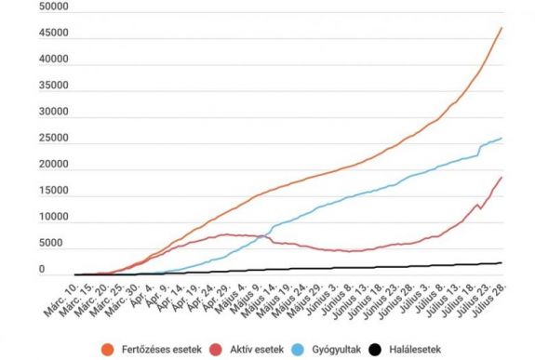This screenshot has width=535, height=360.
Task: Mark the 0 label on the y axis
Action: click(40, 271)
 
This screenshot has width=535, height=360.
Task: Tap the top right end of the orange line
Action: click(502, 27)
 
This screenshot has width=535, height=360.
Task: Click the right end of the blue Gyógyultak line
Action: click(502, 139)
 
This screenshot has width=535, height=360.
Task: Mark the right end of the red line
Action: click(502, 177)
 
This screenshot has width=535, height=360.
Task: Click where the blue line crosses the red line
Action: click(262, 236)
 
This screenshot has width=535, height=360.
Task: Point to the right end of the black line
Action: click(502, 262)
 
